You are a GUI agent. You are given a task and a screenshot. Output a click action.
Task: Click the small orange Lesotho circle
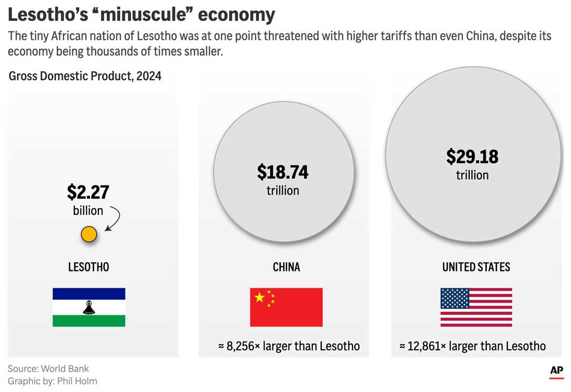coord(89,234)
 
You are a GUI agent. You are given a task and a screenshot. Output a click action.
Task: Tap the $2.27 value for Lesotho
coord(88,192)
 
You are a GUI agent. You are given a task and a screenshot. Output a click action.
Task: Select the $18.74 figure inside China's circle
coord(283,172)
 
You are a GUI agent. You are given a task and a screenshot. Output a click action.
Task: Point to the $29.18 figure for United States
coord(472,157)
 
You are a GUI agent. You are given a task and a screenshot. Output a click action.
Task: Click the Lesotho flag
coord(89,307)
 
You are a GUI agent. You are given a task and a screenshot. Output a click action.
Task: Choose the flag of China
coord(286,307)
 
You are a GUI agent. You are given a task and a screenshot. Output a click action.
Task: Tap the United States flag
coord(476,307)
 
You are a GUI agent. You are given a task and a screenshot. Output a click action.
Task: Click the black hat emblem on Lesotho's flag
coord(89,308)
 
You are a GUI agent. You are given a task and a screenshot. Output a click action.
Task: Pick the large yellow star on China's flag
coord(259,297)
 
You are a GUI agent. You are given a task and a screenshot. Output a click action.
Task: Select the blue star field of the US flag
coord(455,298)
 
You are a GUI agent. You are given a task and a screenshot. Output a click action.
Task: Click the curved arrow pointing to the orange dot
coord(114,219)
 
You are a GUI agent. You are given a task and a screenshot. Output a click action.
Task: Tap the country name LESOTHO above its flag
coord(89,267)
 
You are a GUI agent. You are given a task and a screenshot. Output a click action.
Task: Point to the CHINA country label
coord(286,267)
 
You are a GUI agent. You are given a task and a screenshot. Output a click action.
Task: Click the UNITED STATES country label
coord(476,267)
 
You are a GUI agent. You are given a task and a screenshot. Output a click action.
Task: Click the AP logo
coord(556,371)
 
